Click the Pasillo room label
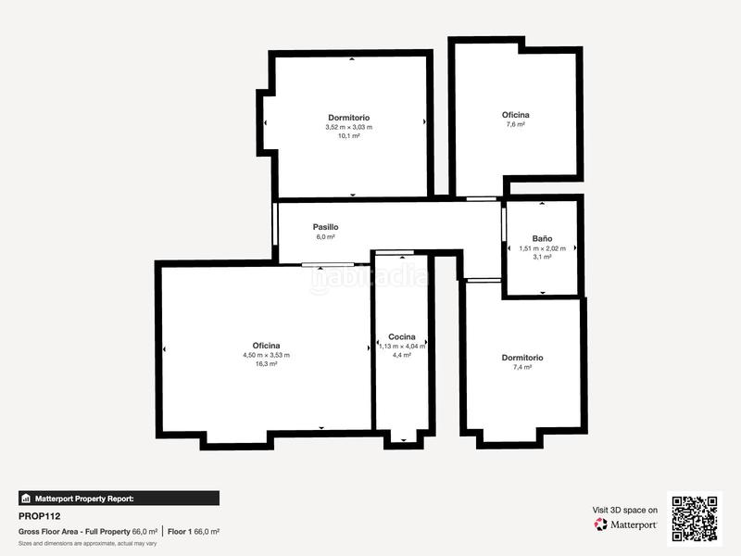pos(325,227)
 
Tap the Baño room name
pos(542,238)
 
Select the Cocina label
pos(401,336)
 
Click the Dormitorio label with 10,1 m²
pos(348,118)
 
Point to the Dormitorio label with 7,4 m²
pos(522,358)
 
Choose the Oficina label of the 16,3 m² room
pos(266,346)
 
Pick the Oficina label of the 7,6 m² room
pos(516,115)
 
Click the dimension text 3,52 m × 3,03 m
pos(348,127)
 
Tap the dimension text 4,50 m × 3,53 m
pos(266,355)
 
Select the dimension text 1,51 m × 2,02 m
pos(542,248)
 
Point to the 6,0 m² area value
pos(325,237)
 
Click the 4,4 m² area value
pos(401,355)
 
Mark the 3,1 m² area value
pos(542,257)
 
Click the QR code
pos(695,518)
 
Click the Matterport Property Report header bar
pos(119,499)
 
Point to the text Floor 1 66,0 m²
pos(194,532)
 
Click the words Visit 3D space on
pos(625,510)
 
